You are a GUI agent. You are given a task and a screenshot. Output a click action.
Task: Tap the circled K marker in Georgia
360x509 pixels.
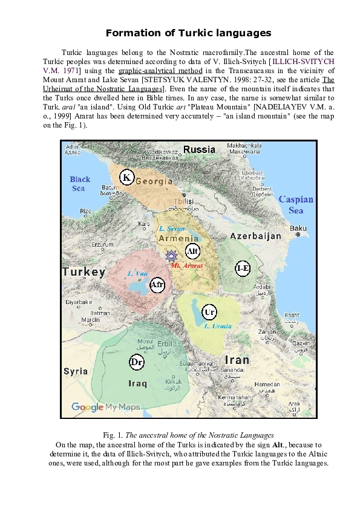(126, 177)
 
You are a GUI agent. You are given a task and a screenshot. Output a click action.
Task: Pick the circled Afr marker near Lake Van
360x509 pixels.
(157, 284)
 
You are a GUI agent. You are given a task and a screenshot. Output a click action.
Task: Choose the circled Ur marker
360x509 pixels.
(209, 312)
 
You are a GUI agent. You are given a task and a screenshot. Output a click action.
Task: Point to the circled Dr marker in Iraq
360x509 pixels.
(137, 362)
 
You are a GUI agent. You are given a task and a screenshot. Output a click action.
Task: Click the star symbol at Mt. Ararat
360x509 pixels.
(171, 256)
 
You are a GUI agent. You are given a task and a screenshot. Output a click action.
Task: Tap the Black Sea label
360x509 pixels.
(80, 184)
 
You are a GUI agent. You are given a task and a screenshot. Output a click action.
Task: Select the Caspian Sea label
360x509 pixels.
(296, 204)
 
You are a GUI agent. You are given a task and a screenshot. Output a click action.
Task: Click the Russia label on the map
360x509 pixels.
(199, 149)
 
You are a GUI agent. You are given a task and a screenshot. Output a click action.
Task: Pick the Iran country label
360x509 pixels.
(237, 360)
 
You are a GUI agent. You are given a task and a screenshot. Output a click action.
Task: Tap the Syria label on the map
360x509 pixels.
(76, 371)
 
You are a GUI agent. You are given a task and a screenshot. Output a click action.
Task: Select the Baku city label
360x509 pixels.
(298, 228)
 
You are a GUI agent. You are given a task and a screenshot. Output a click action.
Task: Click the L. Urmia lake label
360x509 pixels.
(218, 326)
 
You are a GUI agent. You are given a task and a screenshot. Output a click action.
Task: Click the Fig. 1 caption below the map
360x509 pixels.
(188, 435)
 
